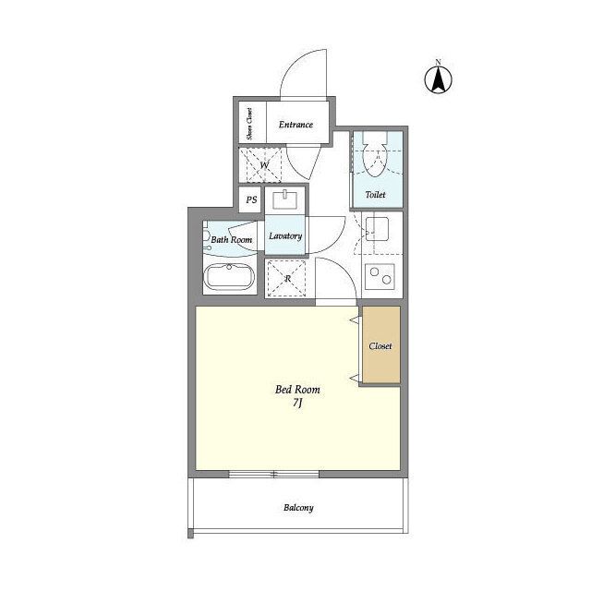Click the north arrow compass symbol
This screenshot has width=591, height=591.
coord(438,78)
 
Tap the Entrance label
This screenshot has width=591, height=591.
coord(295,125)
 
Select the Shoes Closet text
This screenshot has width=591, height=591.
coord(249,124)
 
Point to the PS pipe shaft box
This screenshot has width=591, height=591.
coord(251,199)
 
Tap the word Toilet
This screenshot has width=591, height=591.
coord(376,195)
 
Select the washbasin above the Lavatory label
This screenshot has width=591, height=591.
coord(285,200)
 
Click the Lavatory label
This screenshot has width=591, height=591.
coord(285,236)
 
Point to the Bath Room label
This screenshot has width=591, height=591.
coord(232,240)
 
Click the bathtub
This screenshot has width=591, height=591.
coord(229,276)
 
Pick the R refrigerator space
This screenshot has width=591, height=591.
coord(286,279)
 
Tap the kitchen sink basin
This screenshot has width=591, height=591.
coord(378,229)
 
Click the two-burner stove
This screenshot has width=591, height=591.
coord(380,276)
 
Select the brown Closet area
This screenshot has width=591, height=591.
coord(381,344)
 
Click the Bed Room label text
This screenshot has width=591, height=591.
coord(297,390)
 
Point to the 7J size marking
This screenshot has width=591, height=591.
coord(297,404)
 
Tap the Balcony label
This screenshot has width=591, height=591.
coord(298,508)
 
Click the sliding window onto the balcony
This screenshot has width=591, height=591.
coord(274,474)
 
